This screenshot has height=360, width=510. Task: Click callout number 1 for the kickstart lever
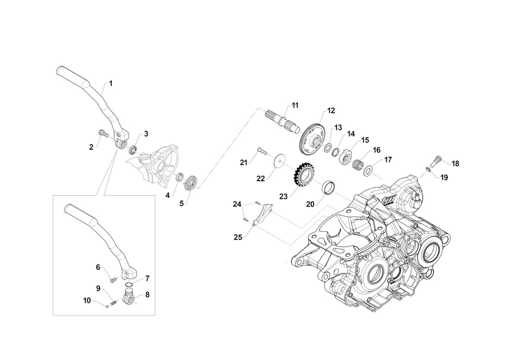point(110,83)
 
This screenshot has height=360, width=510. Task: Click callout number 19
point(444,177)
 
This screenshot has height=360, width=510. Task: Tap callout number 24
point(237,204)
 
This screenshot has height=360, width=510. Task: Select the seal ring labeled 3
point(133,150)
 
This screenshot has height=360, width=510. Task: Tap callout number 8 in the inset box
point(147,294)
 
